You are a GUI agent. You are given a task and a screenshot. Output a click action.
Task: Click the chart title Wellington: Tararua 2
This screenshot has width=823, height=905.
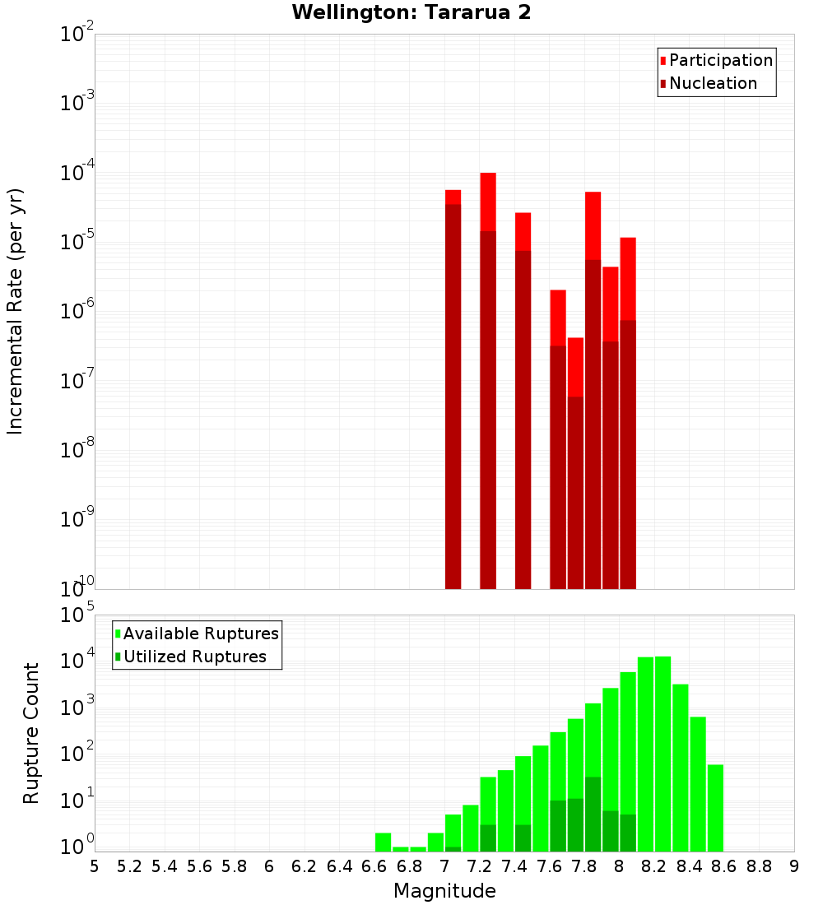pyautogui.click(x=411, y=13)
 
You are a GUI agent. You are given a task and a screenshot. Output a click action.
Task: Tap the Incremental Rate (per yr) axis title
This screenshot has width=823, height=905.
pyautogui.click(x=16, y=311)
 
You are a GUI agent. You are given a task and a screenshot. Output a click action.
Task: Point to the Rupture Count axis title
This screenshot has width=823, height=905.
pyautogui.click(x=31, y=733)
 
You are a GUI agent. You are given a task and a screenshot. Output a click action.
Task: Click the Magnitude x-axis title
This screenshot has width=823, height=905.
pyautogui.click(x=444, y=891)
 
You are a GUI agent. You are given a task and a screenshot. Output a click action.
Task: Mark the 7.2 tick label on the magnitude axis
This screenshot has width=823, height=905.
pyautogui.click(x=479, y=866)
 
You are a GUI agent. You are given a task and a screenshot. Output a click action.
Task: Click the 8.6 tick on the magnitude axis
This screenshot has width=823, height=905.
pyautogui.click(x=724, y=866)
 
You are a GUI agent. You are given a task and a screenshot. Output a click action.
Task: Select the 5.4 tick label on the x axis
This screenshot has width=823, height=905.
pyautogui.click(x=165, y=866)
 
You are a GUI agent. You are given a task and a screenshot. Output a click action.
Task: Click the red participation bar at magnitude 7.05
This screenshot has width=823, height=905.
pyautogui.click(x=453, y=197)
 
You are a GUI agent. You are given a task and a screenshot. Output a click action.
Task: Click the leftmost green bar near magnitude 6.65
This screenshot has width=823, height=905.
pyautogui.click(x=384, y=842)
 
